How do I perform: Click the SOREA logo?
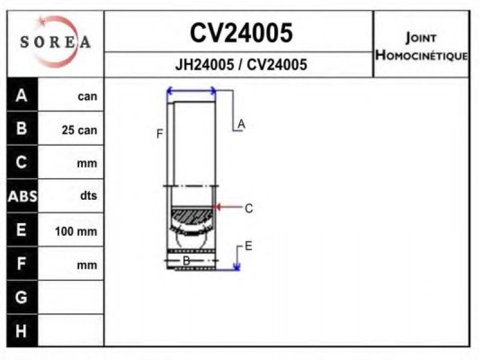coord(55,41)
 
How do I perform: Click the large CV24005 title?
coord(241,33)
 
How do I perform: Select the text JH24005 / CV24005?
coord(241,65)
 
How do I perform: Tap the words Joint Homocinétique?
coord(422,47)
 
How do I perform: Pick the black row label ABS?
coord(22,196)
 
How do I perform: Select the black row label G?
coord(21,297)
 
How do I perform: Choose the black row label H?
coord(21,331)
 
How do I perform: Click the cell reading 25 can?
coord(79,130)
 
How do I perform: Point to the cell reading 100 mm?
coord(76,231)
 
